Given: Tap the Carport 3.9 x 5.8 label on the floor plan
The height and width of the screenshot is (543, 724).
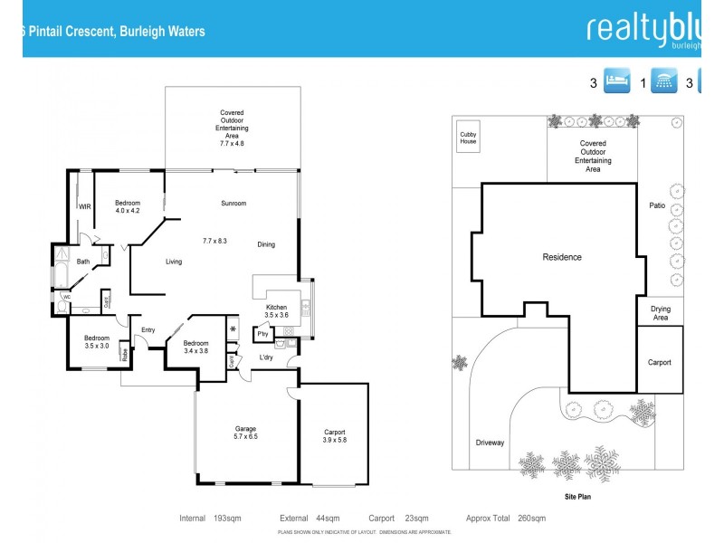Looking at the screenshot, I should [334, 436].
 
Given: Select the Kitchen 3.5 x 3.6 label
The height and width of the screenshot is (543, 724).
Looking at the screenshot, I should [277, 310].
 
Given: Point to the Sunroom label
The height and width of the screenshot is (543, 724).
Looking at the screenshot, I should [233, 204].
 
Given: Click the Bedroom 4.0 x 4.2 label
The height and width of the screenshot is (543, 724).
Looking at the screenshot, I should [128, 206].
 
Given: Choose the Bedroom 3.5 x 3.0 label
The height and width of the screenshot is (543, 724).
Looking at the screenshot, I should [96, 341].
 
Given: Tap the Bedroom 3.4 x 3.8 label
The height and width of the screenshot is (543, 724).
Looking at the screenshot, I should [195, 347].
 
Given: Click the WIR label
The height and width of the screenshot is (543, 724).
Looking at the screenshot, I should [85, 207].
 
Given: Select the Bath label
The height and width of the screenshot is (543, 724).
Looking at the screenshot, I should [82, 262].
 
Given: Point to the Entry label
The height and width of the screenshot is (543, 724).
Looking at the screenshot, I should [148, 330].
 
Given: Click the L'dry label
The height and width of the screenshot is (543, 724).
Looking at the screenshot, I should [266, 357].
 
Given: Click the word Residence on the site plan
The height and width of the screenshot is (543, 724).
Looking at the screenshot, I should [561, 257].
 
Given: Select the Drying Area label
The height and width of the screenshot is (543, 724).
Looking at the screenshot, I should [660, 313].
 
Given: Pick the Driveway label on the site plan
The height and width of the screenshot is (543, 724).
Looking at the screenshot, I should [490, 443].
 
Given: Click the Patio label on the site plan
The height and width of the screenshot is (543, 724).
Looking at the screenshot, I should [657, 205].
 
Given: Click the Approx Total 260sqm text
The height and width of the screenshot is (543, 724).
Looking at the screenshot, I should [506, 519].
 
